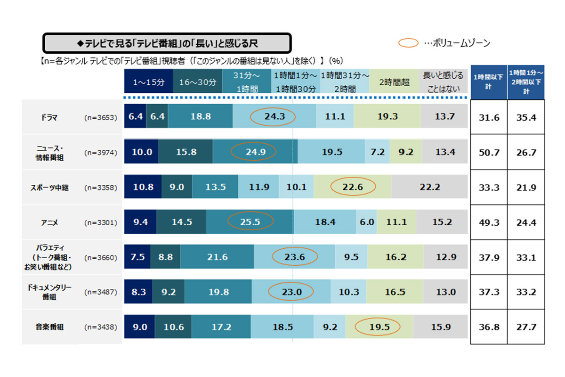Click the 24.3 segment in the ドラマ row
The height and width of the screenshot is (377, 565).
[x=273, y=117]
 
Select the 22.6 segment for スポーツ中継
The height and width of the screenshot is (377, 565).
[x=353, y=187]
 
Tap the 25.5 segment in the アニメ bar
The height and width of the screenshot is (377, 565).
[x=250, y=222]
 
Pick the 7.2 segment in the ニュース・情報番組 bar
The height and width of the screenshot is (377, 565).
[x=378, y=152]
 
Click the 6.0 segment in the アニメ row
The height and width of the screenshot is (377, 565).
[x=367, y=222]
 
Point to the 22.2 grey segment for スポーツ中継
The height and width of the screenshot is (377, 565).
[x=429, y=187]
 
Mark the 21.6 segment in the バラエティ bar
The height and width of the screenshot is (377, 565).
[x=217, y=257]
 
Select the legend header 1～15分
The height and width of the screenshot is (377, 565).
[x=148, y=82]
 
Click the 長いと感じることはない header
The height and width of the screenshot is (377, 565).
[x=443, y=82]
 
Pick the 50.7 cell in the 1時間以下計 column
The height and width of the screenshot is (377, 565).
[x=488, y=152]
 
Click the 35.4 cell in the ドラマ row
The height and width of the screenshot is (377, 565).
[x=526, y=117]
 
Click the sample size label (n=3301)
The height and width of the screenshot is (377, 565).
[x=100, y=222]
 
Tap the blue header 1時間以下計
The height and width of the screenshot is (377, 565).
[x=488, y=82]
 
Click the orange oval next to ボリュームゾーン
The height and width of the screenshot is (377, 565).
[x=409, y=43]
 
